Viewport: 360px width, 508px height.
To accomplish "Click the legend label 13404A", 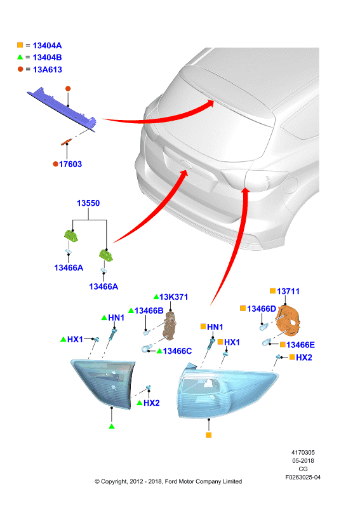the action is pos(48,46).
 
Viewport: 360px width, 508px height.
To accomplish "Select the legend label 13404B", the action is pos(48,58).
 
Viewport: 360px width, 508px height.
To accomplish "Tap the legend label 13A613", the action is pos(48,70).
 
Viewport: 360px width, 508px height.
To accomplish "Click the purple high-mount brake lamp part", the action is pos(62,109).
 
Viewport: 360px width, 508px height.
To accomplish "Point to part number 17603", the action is pos(70,164).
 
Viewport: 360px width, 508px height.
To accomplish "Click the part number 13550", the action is pos(88,203).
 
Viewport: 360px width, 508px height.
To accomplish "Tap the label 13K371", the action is pos(174,297).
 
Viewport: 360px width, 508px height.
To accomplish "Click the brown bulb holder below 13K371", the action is pos(170,326).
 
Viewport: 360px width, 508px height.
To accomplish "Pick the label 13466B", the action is pos(149,311).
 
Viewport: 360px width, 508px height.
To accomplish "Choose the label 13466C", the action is pos(177,351).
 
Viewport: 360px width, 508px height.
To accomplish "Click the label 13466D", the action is pos(262,309).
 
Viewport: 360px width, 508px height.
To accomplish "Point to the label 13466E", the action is pos(300,345).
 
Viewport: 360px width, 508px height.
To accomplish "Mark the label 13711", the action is pos(288,291).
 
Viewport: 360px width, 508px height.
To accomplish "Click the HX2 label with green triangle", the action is pos(152,403).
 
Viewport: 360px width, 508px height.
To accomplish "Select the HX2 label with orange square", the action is pos(304,358).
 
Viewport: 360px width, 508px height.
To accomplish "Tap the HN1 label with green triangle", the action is pos(116,318).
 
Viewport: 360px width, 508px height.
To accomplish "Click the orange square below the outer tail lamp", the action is pos(209,436).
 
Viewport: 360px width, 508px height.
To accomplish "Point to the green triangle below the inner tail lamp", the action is pos(112,426).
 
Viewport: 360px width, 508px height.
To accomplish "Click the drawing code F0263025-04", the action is pos(303,478).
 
